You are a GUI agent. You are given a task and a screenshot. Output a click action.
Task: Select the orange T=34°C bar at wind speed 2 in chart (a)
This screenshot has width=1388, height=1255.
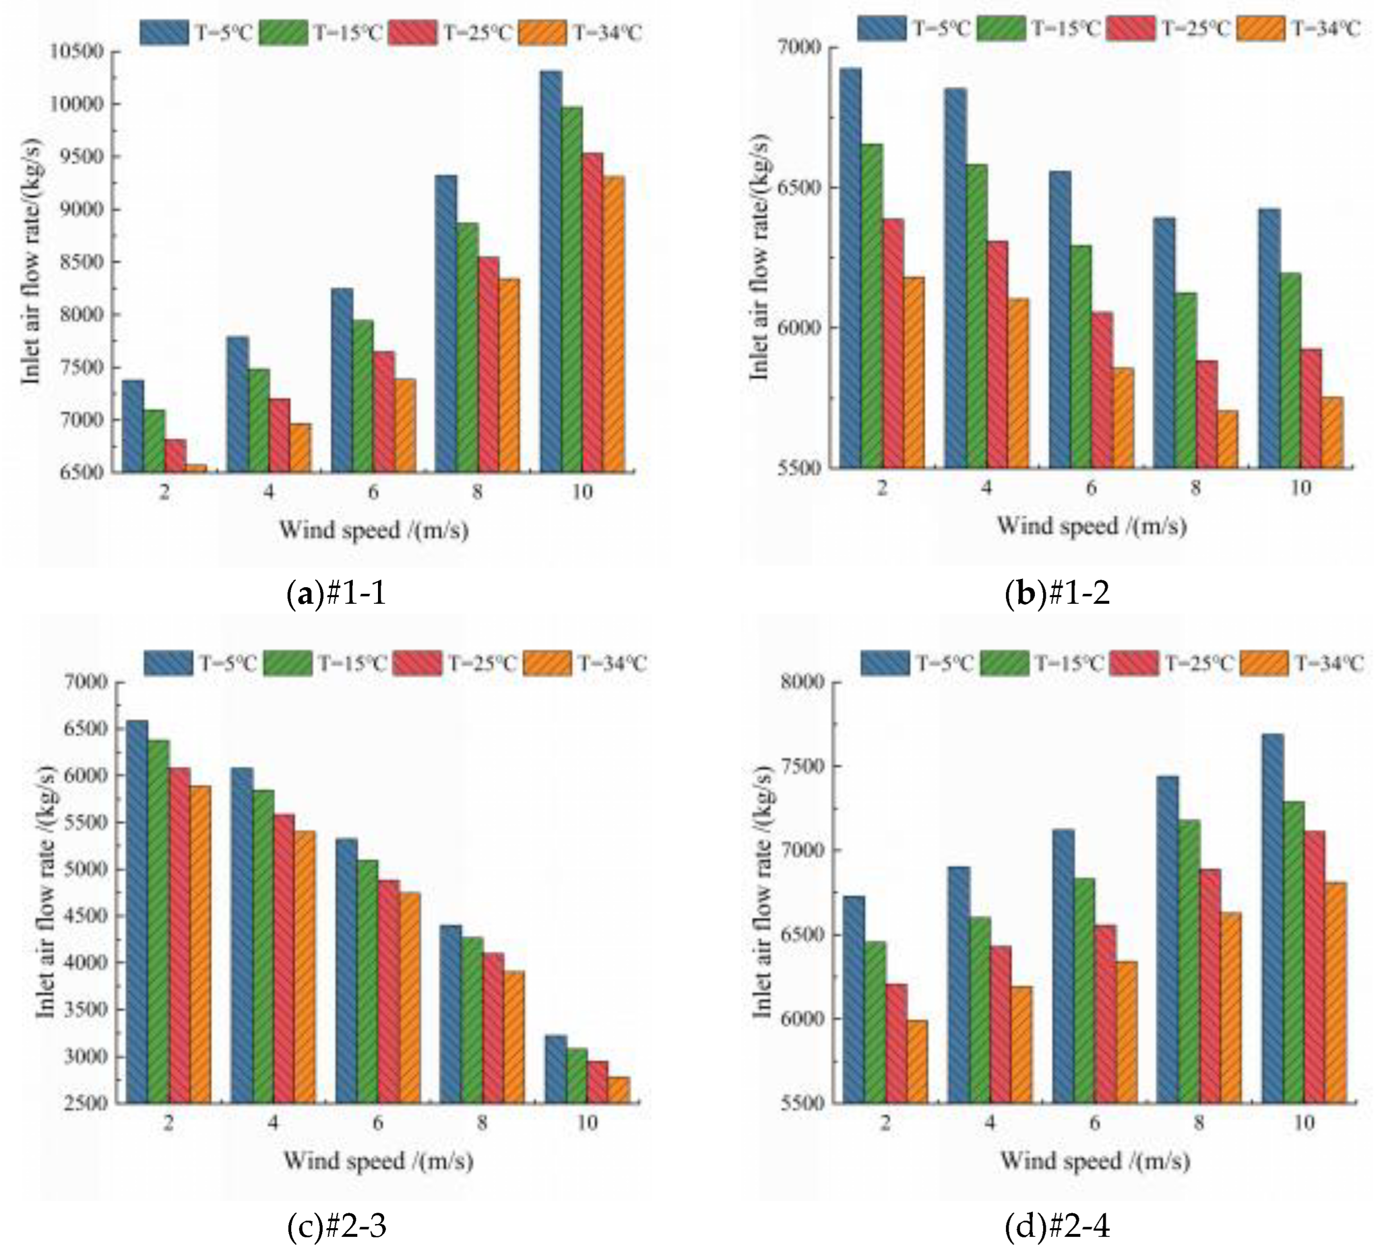(x=196, y=468)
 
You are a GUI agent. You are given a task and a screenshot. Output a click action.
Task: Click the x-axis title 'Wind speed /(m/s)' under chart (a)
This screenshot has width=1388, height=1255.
(x=374, y=530)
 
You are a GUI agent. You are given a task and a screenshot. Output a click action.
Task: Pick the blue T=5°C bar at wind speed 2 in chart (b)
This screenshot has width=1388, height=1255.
(x=851, y=268)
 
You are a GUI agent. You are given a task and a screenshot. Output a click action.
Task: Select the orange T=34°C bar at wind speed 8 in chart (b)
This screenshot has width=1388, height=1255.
(x=1227, y=439)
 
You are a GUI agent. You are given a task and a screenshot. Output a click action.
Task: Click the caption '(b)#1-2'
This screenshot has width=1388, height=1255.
(x=1058, y=593)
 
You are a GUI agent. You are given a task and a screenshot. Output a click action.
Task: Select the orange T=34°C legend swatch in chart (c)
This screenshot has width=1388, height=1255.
(x=547, y=663)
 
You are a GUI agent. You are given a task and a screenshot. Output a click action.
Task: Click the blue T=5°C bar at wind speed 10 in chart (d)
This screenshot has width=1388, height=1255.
(x=1273, y=919)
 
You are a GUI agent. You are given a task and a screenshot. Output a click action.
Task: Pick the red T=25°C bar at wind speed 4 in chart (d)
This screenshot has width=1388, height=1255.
(x=1001, y=1025)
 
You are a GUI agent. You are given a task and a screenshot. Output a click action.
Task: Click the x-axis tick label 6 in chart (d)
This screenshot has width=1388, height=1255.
(x=1095, y=1123)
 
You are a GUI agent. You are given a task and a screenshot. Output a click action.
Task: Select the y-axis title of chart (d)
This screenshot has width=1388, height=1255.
(x=763, y=891)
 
